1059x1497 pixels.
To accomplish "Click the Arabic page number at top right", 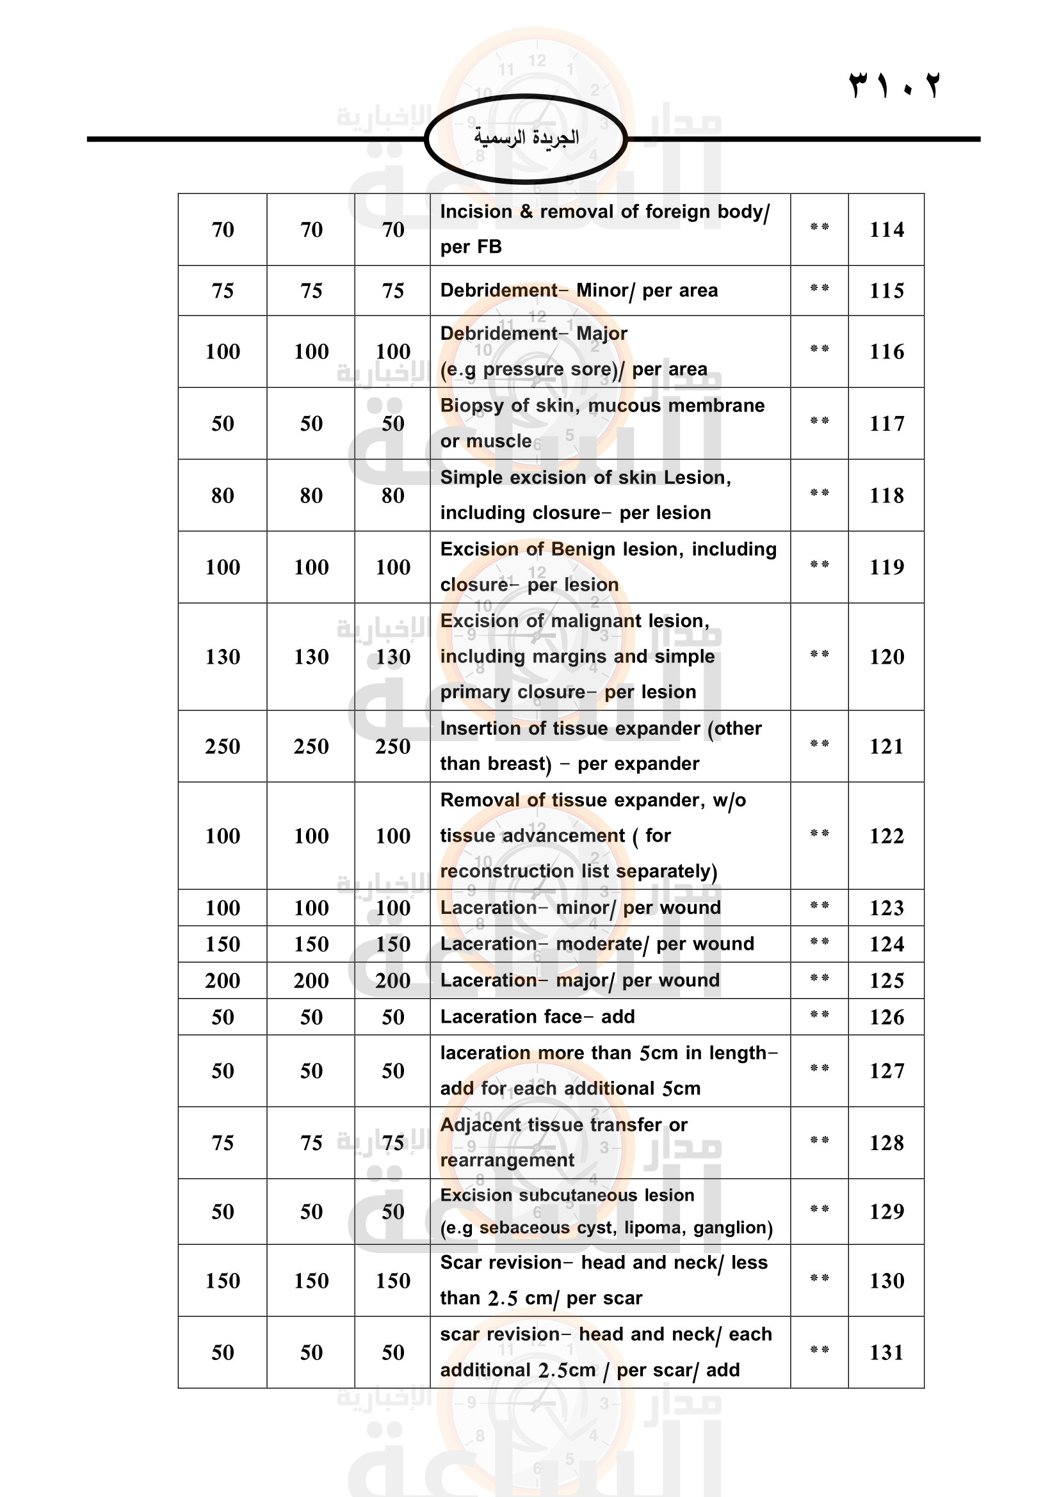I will click(x=894, y=86).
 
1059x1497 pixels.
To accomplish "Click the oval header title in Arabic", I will click(x=526, y=138).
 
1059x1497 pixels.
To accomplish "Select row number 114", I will click(x=886, y=230).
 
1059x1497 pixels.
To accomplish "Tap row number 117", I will click(x=886, y=424).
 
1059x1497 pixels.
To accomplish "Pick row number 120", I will click(x=886, y=657).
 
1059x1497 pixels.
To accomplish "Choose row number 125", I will click(x=886, y=981).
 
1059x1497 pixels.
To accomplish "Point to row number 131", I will click(x=886, y=1353).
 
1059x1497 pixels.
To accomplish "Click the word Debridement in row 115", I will click(x=499, y=290).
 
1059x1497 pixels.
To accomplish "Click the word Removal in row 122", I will click(x=480, y=800).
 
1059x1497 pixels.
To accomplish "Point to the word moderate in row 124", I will click(x=599, y=944).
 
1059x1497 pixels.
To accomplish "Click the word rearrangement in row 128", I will click(x=506, y=1160).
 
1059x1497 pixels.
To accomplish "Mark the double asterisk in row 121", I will click(x=819, y=744).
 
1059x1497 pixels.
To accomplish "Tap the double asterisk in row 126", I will click(x=819, y=1014).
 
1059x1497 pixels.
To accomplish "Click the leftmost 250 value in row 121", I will click(x=222, y=746).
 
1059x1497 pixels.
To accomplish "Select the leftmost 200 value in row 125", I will click(x=222, y=981).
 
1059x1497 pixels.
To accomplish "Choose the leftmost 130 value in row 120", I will click(x=222, y=657).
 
